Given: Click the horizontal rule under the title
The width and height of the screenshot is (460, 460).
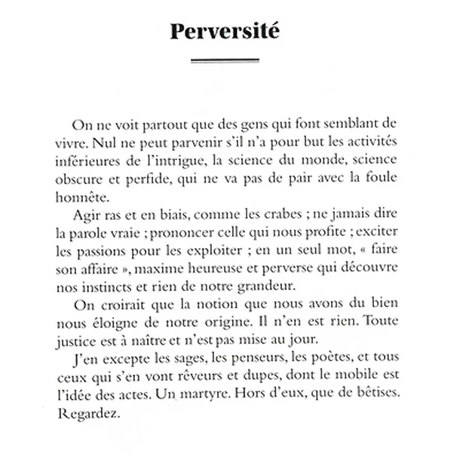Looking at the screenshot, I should pos(225,60).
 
